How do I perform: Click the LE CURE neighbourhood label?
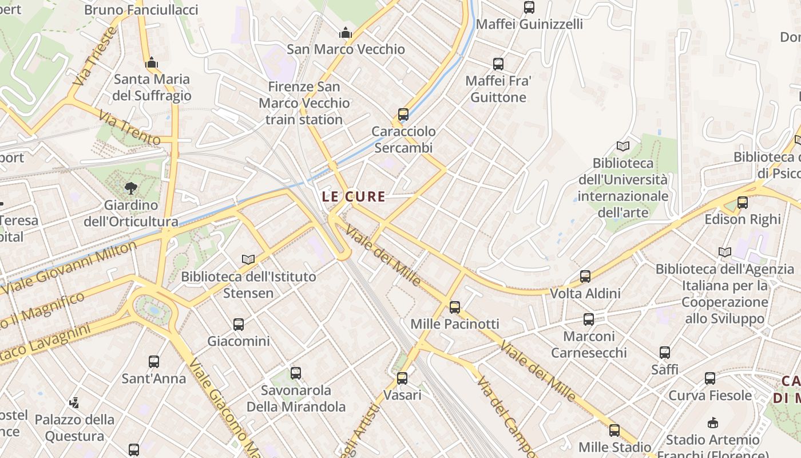(353, 196)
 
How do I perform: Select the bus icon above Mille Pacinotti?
(455, 307)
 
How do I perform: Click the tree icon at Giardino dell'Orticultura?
(131, 188)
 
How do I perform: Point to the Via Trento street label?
(129, 128)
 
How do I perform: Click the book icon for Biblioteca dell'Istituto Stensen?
(248, 260)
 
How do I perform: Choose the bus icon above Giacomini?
(239, 325)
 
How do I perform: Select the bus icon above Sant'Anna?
(154, 362)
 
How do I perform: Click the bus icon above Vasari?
(402, 378)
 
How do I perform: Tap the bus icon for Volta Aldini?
(585, 277)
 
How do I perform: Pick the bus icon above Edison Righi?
(743, 203)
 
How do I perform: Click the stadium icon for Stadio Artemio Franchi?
(712, 423)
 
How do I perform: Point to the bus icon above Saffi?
(665, 353)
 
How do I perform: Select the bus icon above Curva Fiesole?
(710, 378)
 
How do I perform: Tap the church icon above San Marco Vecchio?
(346, 33)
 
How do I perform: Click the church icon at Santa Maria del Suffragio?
(152, 62)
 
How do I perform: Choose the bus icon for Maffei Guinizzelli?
(529, 7)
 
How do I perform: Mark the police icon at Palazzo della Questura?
(74, 403)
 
